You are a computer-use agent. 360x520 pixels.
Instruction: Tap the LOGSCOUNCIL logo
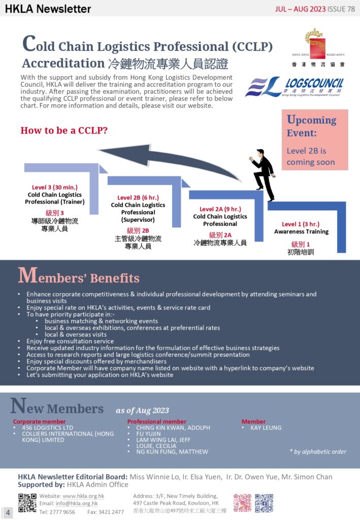coord(295,87)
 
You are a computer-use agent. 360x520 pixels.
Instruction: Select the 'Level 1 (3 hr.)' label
coord(301,224)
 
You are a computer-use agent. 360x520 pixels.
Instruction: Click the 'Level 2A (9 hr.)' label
coord(220,209)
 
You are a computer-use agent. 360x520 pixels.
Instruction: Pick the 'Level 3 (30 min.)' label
coord(55,187)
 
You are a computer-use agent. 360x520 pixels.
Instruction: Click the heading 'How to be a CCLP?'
coord(64,131)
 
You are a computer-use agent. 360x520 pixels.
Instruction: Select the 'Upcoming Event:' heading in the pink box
coord(311,126)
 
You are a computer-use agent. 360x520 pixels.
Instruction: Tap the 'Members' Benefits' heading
coord(79,277)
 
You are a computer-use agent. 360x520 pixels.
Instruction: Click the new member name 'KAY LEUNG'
coord(266,428)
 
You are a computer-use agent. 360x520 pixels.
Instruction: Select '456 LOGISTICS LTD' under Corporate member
coord(48,428)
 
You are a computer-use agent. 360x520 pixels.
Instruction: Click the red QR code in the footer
coord(242,503)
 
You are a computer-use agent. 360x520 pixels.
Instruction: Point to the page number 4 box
coord(8,512)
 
